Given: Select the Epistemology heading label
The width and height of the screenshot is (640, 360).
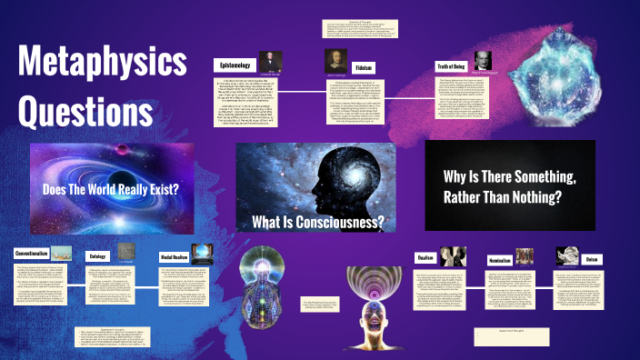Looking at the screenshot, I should coord(239,65).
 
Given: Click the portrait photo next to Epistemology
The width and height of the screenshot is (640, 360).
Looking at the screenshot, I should coord(275,62).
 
